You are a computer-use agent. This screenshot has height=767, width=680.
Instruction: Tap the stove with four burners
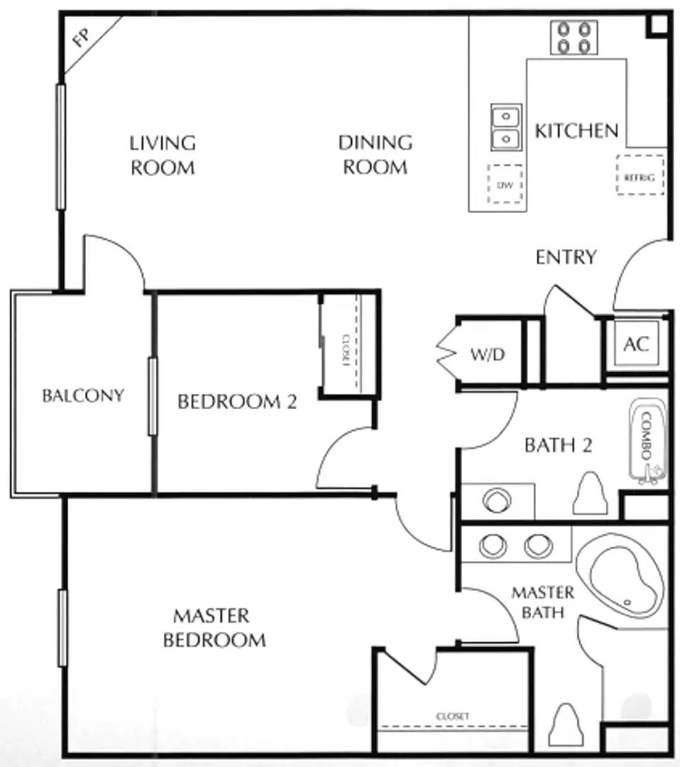(574, 37)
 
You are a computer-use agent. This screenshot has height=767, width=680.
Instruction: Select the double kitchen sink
(506, 128)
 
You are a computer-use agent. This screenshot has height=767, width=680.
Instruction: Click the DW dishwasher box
(505, 184)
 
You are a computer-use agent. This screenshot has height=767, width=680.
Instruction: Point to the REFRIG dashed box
(640, 175)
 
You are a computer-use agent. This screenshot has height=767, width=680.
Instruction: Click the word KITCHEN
(577, 131)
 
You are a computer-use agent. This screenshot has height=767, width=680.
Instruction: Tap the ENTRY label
(566, 257)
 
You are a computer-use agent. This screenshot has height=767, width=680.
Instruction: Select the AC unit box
(636, 344)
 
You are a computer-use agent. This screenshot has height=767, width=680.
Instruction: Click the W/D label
(488, 354)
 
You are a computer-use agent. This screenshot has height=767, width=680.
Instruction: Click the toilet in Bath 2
(590, 493)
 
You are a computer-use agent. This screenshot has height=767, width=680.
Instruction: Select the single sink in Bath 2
(497, 501)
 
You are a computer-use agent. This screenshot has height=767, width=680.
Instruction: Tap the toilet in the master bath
(566, 725)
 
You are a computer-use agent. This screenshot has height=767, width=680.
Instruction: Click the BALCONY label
(83, 396)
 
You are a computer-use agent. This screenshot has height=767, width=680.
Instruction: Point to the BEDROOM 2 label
(237, 401)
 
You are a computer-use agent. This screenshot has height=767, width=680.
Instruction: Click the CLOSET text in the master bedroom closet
(453, 716)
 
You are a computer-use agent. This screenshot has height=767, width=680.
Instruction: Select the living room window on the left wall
(60, 147)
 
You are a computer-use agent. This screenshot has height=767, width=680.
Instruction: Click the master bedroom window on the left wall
(62, 628)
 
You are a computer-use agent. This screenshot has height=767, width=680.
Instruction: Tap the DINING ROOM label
(375, 155)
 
